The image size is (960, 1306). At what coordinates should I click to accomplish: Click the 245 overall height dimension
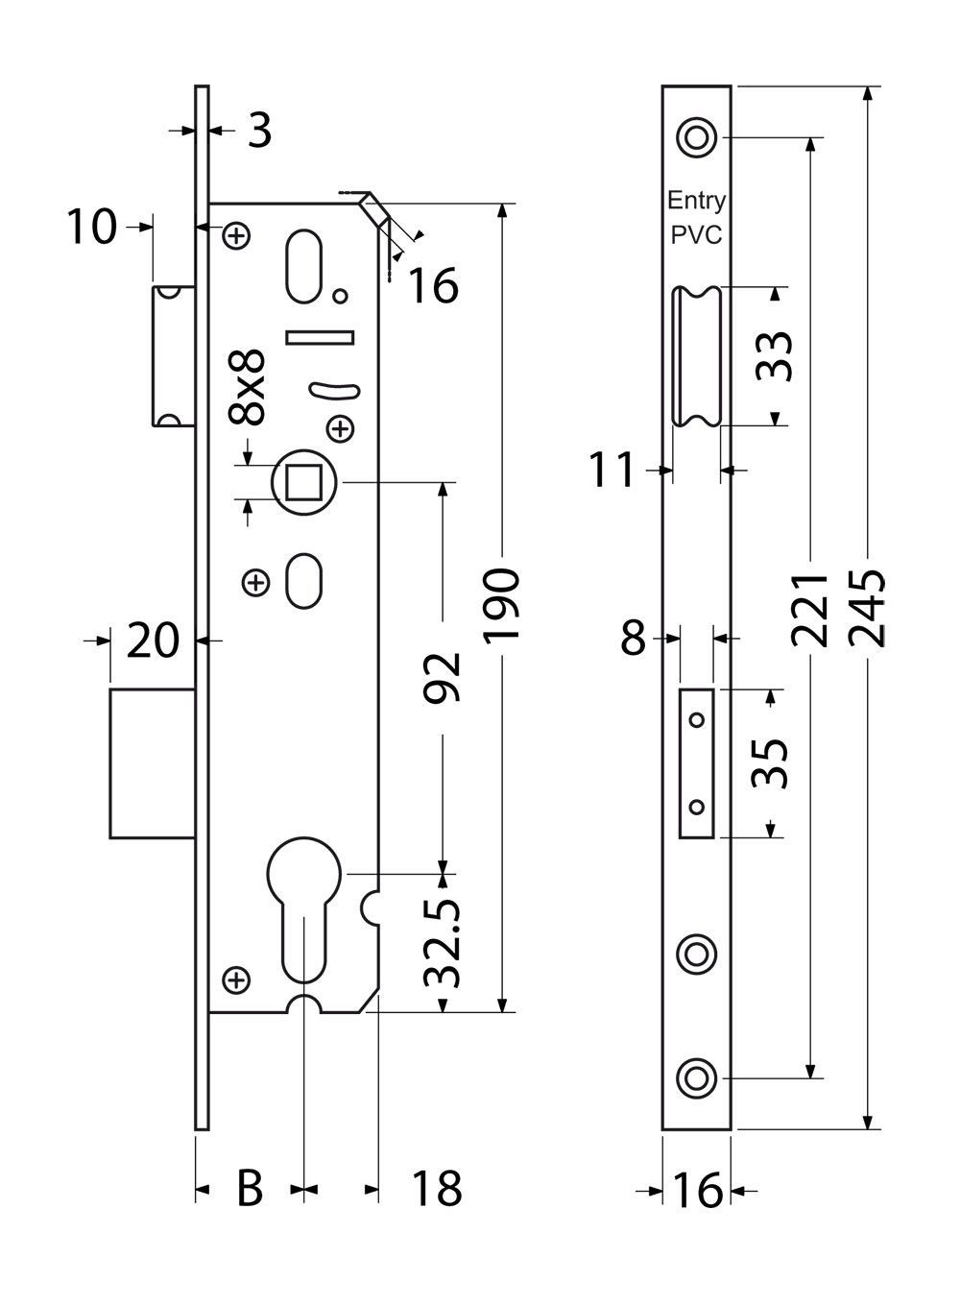coord(868,608)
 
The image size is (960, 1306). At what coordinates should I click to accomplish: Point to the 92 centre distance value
coord(444,677)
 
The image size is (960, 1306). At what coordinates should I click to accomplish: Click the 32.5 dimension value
coord(444,944)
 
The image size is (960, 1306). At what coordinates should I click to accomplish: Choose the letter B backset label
coord(249,1189)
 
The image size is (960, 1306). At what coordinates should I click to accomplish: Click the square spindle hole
coord(303,481)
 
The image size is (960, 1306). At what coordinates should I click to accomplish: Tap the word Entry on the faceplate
coord(697,201)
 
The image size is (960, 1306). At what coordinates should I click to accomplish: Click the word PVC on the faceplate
coord(697,234)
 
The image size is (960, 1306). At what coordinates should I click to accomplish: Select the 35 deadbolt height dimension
coord(771,763)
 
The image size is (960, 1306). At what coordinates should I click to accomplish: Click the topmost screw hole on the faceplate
coord(696,136)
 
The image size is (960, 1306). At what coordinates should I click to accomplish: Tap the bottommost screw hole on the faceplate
coord(696,1077)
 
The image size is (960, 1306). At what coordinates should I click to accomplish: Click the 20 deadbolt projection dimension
coord(154,641)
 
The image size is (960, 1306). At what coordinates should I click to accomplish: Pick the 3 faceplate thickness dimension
coord(258,131)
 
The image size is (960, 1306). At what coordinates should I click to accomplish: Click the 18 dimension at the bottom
coord(436,1189)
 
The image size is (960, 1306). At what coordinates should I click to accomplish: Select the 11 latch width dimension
coord(612,471)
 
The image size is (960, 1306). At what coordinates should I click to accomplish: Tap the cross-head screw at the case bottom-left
coord(235,980)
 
